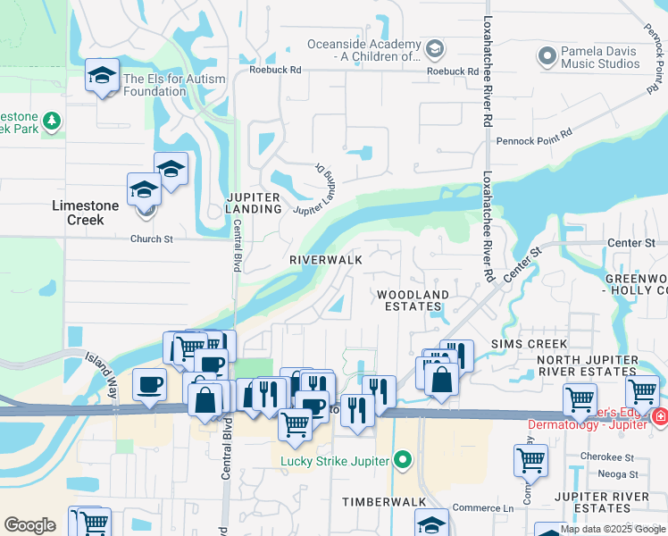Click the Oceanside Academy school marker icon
tap(436, 47)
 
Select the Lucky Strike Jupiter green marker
tap(404, 461)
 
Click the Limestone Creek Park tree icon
tap(52, 120)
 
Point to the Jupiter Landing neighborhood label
tap(254, 203)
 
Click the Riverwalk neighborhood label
tap(326, 259)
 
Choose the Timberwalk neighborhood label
tap(384, 502)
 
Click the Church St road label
tap(151, 239)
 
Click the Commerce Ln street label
tap(483, 509)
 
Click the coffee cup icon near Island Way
tap(149, 384)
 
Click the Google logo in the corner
tap(30, 525)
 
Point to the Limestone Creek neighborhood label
tap(85, 213)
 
